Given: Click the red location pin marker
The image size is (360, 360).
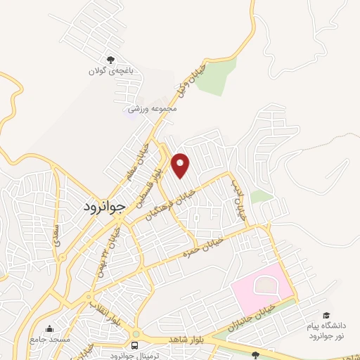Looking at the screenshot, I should click(x=181, y=165).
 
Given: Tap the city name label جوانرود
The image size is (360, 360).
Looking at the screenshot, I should click(x=99, y=207).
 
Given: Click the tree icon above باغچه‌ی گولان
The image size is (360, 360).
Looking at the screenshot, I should click(x=109, y=60).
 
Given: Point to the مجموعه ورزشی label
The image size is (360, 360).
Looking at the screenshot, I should click(x=152, y=108).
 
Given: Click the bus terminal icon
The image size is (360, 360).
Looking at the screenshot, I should click(x=134, y=345).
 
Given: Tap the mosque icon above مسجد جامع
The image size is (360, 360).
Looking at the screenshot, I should click(x=49, y=328).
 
